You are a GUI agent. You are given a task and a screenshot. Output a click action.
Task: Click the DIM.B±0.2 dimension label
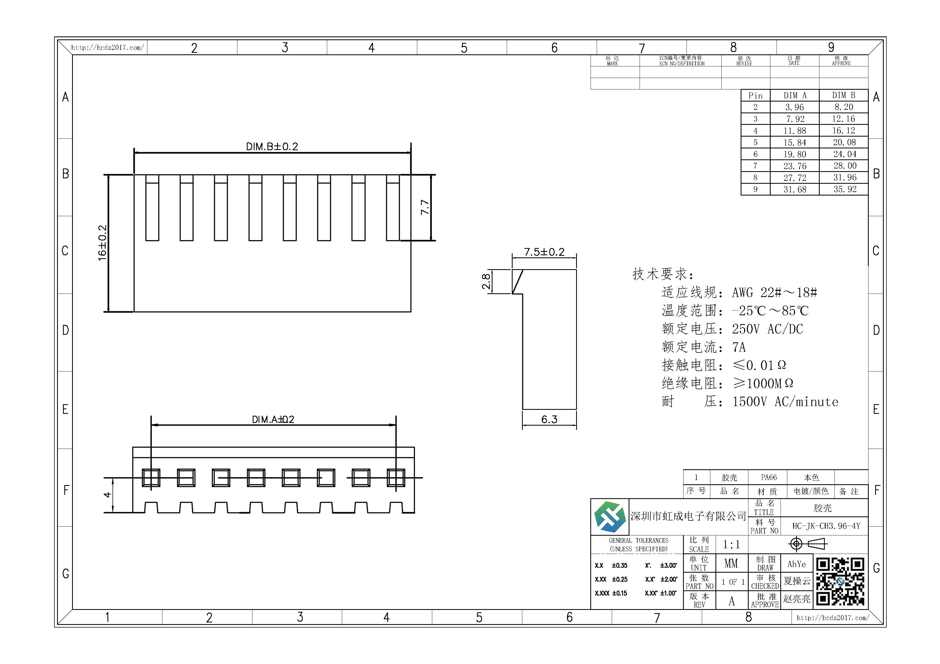click(x=272, y=147)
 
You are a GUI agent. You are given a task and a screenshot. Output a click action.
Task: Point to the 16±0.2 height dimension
click(x=102, y=243)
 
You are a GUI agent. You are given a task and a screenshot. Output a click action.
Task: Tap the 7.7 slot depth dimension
click(x=425, y=207)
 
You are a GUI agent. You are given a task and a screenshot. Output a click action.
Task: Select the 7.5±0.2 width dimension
click(x=544, y=252)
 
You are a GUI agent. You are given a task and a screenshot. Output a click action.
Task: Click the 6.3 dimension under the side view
click(x=549, y=419)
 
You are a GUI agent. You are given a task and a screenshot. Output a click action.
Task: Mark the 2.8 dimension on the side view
click(x=486, y=282)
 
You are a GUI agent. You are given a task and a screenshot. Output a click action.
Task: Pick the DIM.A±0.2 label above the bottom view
click(x=273, y=419)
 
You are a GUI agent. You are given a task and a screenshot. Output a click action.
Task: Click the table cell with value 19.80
click(x=795, y=154)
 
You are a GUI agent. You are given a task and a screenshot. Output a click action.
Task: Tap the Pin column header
click(x=755, y=96)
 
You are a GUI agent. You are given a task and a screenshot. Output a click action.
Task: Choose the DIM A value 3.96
click(x=795, y=107)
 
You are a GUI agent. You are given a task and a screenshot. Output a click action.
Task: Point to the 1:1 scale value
click(x=731, y=545)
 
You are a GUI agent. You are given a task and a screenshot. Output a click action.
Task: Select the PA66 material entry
click(x=769, y=477)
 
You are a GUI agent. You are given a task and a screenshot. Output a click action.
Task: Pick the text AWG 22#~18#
click(x=775, y=292)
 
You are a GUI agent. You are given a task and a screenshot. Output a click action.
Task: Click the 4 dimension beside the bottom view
click(x=107, y=495)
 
